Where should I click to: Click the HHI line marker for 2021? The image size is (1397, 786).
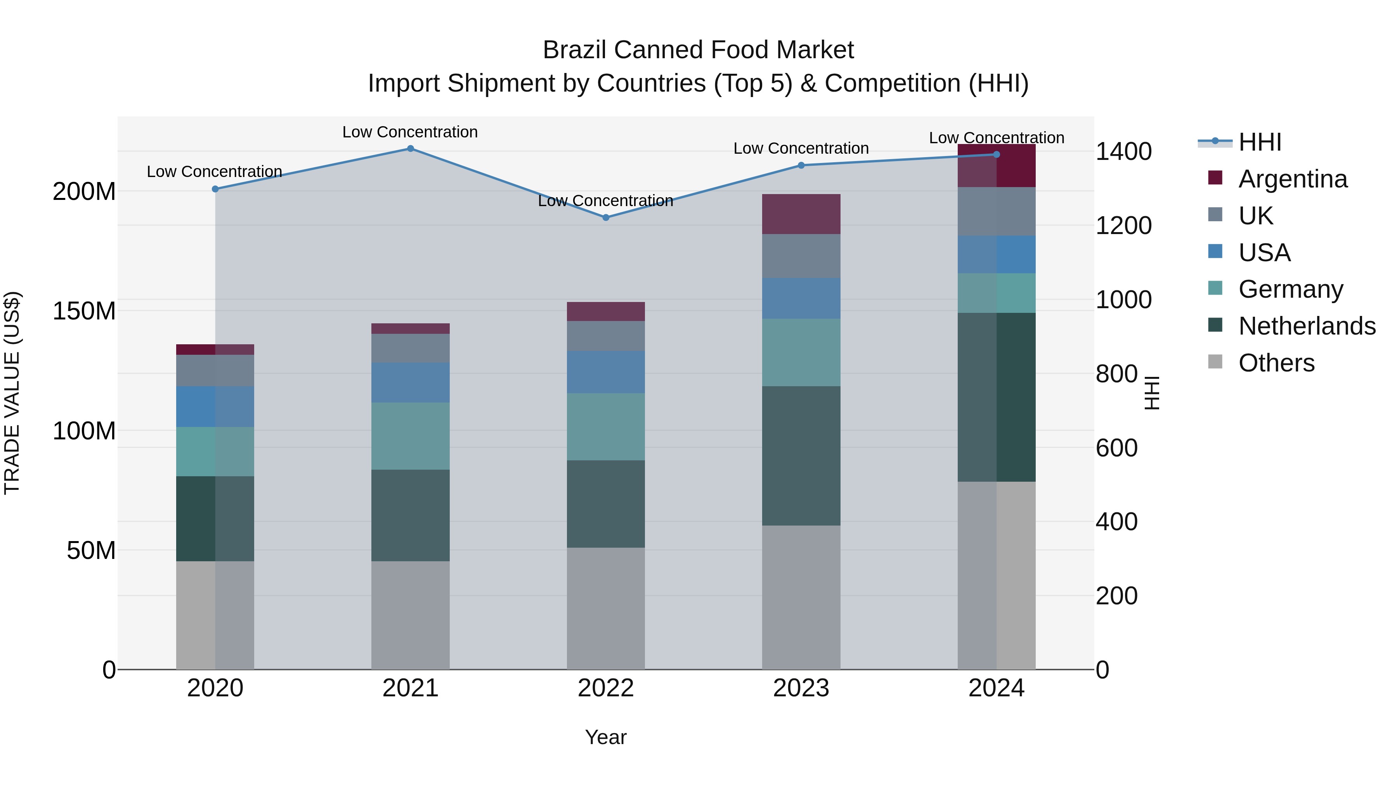click(411, 149)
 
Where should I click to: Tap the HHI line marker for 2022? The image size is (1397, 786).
click(606, 217)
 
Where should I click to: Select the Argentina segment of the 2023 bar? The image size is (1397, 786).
click(801, 214)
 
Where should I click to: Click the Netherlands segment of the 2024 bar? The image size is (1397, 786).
click(996, 397)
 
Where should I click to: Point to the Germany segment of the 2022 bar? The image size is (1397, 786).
click(606, 427)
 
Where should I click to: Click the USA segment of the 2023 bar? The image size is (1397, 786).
click(801, 298)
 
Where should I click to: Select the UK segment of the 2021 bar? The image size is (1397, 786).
click(411, 348)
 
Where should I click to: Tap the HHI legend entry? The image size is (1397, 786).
click(1260, 142)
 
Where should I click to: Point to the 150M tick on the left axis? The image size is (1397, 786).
click(84, 311)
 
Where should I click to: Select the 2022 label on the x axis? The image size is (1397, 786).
click(606, 688)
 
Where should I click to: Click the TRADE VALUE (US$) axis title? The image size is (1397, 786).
click(12, 393)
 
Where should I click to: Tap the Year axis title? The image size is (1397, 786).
click(606, 737)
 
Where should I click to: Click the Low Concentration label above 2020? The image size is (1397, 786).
click(214, 172)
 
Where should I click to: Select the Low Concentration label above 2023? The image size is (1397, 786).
click(801, 149)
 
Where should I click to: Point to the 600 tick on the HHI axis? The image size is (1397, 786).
click(1116, 448)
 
